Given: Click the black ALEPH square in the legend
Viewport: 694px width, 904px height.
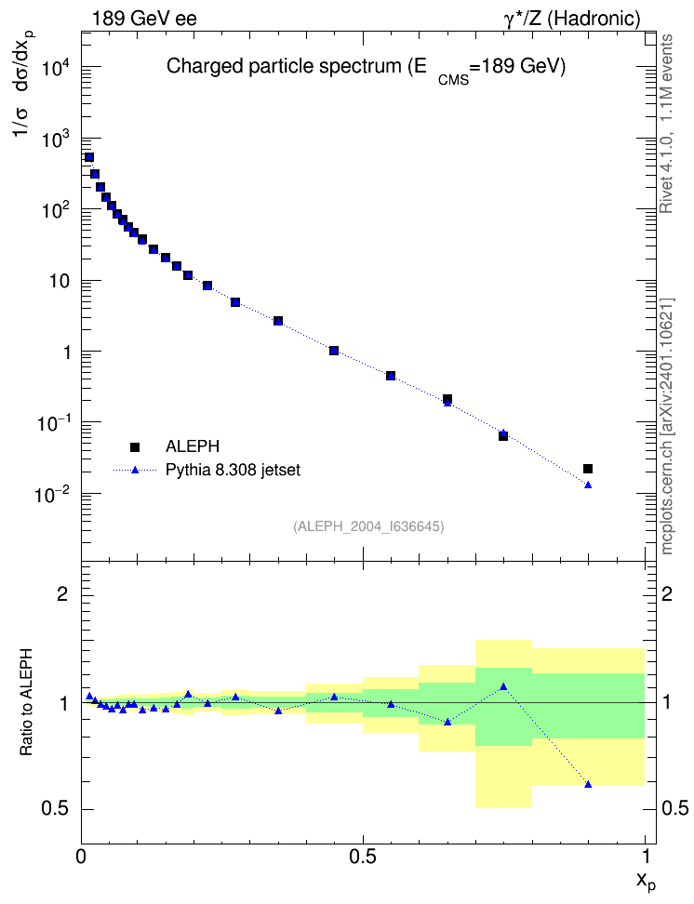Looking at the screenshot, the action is (x=135, y=446).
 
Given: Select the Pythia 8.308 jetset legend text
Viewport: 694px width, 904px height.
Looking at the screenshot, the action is (x=234, y=470).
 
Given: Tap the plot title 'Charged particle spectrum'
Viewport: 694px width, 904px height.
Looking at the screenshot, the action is (x=283, y=66).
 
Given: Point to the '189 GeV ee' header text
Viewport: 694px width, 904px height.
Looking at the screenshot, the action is (x=144, y=19).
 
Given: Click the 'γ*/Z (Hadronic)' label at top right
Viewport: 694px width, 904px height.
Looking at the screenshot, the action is (x=572, y=19).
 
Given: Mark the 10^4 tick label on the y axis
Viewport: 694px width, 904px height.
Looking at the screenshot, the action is (x=56, y=68).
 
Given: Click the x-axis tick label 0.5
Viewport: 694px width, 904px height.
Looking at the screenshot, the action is (x=362, y=857).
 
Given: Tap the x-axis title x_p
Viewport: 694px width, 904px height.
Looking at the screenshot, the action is (x=647, y=881).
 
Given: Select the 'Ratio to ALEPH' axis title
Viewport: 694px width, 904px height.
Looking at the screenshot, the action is (x=26, y=702).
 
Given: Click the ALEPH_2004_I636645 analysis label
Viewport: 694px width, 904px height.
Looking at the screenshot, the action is (x=368, y=526).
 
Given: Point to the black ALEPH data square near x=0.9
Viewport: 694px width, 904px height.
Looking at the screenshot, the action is (x=588, y=469).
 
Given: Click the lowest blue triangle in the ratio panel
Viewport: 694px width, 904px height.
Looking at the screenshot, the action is (x=588, y=784).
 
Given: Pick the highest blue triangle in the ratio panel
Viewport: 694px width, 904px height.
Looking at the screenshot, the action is (x=503, y=686).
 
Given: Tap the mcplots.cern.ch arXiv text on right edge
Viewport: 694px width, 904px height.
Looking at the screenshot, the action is (x=667, y=427).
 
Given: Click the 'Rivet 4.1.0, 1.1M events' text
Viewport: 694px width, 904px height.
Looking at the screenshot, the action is (x=666, y=124).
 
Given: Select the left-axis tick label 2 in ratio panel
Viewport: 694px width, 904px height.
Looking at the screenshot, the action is (x=62, y=593).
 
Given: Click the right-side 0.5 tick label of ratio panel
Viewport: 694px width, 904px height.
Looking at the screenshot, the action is (x=674, y=809).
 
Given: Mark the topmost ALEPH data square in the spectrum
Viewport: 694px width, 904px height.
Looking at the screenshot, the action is (x=88, y=157).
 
